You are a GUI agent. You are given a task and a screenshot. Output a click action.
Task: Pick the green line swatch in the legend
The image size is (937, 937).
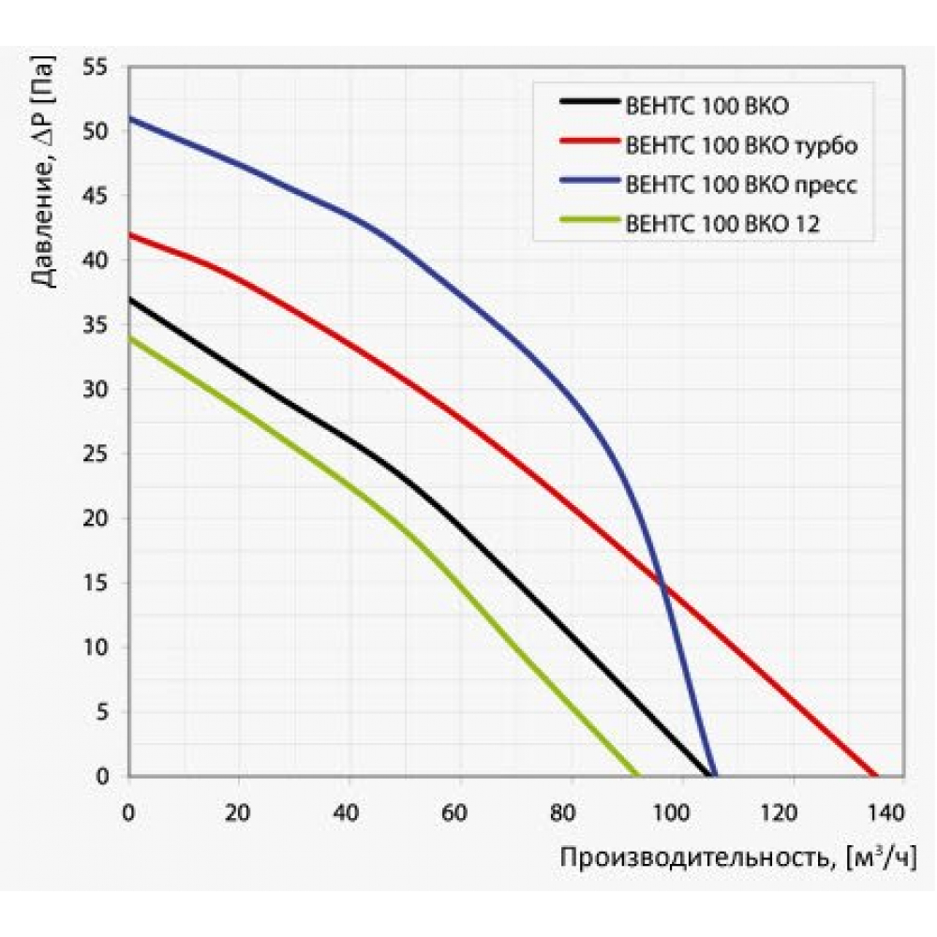(588, 222)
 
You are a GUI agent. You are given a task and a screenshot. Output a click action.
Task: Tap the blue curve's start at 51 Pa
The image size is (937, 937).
(129, 117)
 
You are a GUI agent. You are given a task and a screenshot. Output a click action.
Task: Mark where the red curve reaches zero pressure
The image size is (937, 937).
(877, 776)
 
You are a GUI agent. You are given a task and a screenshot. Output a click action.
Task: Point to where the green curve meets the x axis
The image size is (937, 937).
(638, 776)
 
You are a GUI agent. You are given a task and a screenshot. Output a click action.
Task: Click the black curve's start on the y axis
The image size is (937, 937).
(129, 298)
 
